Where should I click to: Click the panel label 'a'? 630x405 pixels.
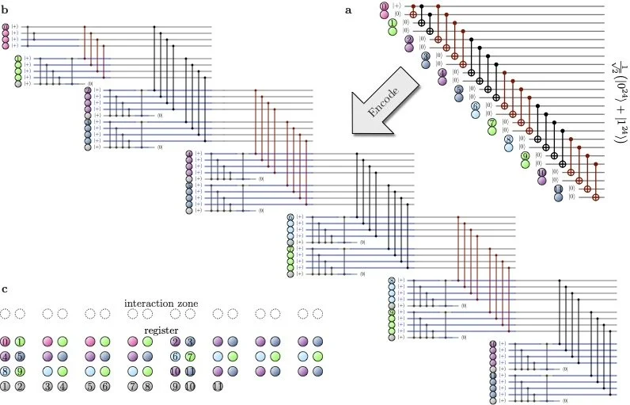[x=348, y=10]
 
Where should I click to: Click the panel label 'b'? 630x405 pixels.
[x=6, y=11]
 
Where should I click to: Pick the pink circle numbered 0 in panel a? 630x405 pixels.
[x=384, y=6]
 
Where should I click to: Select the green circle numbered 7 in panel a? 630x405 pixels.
[x=491, y=123]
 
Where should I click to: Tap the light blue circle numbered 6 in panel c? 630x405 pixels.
[x=177, y=355]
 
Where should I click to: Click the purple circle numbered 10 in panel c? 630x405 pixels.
[x=177, y=369]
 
